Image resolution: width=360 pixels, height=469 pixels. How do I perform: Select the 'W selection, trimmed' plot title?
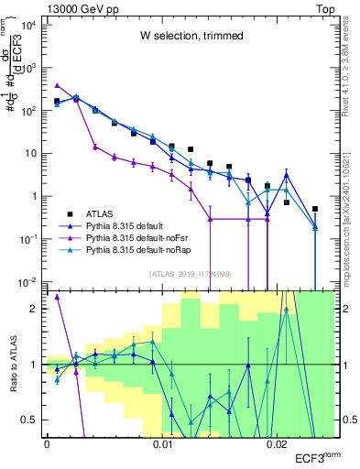click(x=191, y=36)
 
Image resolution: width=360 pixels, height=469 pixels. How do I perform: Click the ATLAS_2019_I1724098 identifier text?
click(x=190, y=273)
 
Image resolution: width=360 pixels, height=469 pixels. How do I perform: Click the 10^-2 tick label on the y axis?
click(x=28, y=281)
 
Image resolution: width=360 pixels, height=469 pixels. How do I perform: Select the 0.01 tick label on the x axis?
click(x=162, y=445)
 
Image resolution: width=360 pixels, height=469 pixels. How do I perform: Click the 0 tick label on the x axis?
click(x=47, y=445)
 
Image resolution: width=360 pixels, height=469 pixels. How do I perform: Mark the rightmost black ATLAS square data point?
click(x=315, y=209)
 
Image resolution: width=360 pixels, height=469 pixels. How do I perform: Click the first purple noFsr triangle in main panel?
click(x=57, y=85)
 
